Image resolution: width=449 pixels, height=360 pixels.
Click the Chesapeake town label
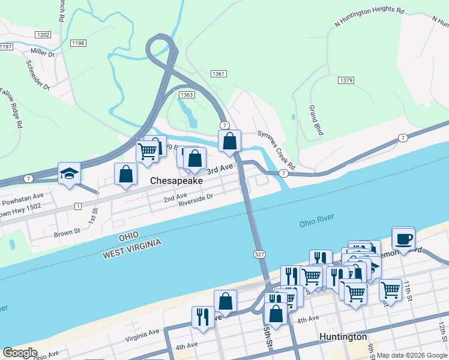click(176, 181)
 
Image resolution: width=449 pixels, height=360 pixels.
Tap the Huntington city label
click(343, 337)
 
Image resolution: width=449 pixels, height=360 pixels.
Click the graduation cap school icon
click(69, 173)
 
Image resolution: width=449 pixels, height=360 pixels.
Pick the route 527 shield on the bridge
click(256, 255)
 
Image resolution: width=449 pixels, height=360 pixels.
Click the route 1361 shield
click(218, 74)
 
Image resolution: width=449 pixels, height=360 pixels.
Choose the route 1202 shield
click(43, 35)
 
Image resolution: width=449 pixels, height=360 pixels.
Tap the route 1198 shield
click(78, 43)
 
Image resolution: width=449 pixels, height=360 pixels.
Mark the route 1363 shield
click(186, 95)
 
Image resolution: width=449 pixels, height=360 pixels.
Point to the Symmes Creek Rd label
click(277, 149)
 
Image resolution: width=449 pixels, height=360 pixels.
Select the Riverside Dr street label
click(196, 200)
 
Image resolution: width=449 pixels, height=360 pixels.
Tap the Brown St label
click(67, 232)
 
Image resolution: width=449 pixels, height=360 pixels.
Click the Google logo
click(19, 353)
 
